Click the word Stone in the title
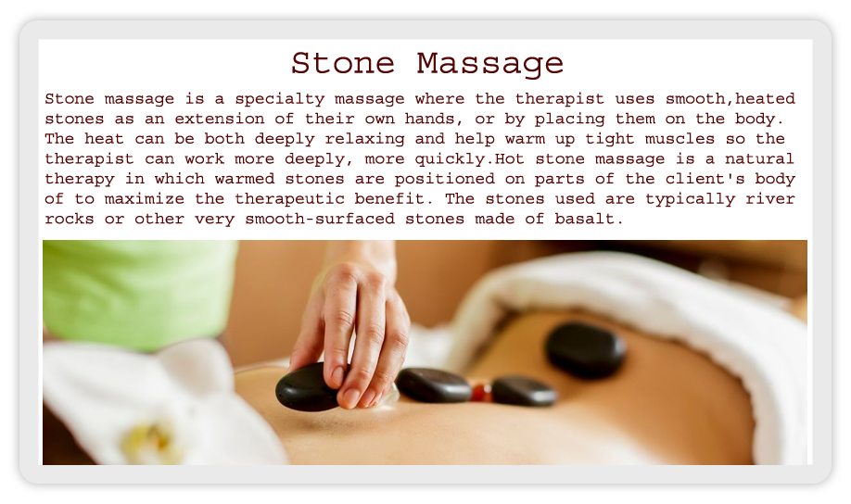pyautogui.click(x=342, y=64)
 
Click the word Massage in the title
pyautogui.click(x=490, y=65)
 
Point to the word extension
pyautogui.click(x=220, y=119)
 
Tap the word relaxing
pyautogui.click(x=364, y=139)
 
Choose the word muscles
pyautogui.click(x=680, y=139)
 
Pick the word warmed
pyautogui.click(x=245, y=179)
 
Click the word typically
pyautogui.click(x=690, y=199)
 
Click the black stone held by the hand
pyautogui.click(x=307, y=387)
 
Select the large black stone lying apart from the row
pyautogui.click(x=586, y=350)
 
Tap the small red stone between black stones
pyautogui.click(x=480, y=392)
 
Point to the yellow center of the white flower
pyautogui.click(x=145, y=439)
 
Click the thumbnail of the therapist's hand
pyautogui.click(x=352, y=397)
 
